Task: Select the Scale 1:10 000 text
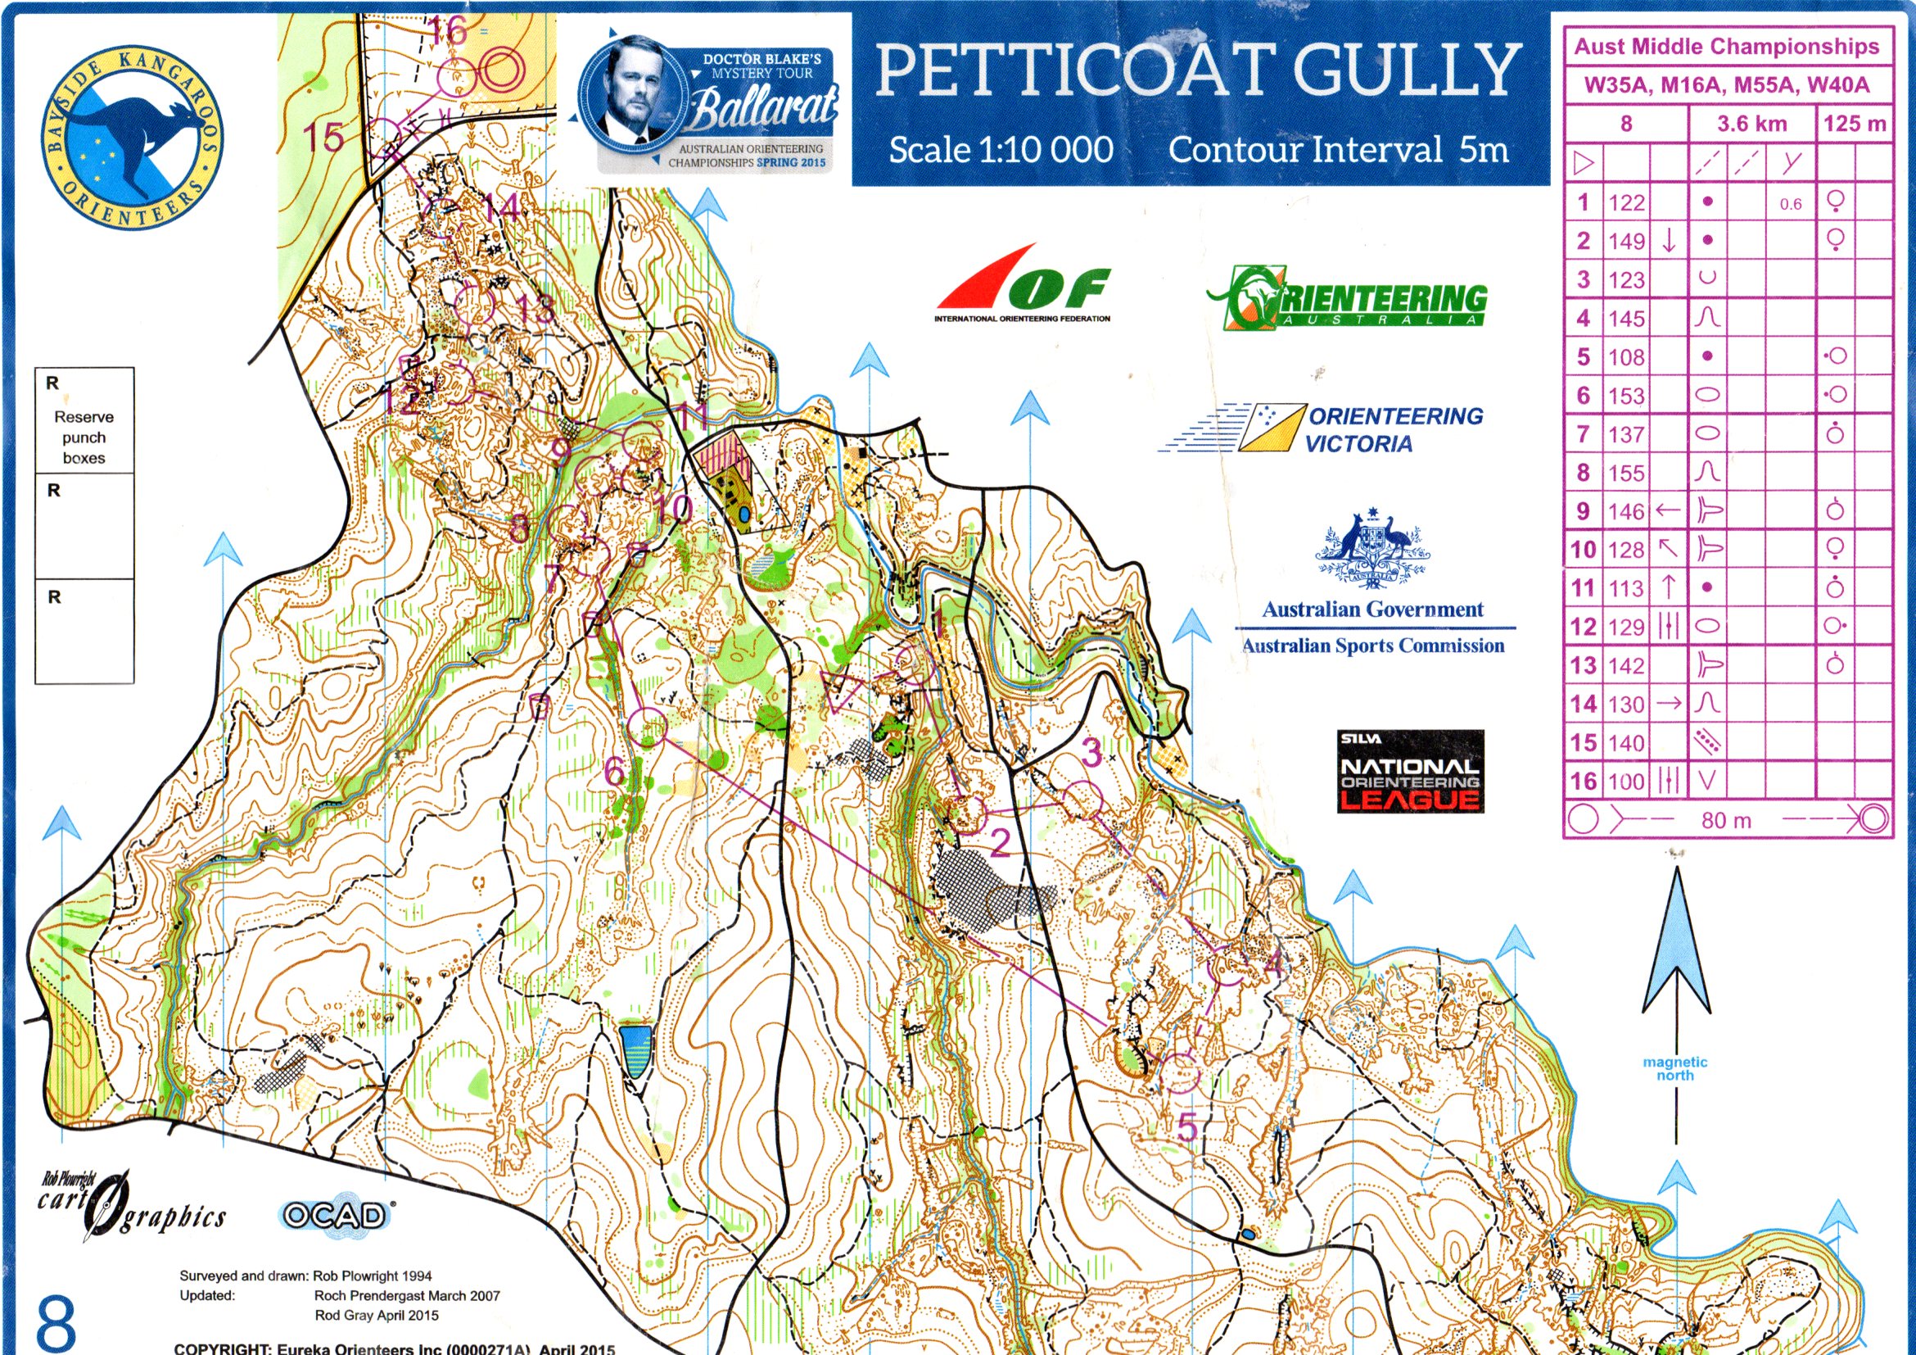pos(1001,150)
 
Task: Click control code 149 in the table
pos(1626,242)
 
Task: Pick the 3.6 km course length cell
pos(1751,125)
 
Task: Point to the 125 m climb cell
pos(1855,125)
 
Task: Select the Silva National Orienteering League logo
pos(1410,772)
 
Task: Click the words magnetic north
pos(1674,1067)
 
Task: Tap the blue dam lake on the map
pos(636,1051)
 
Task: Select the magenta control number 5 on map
pos(1186,1127)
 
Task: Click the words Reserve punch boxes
pos(84,437)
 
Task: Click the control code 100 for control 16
pos(1626,782)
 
